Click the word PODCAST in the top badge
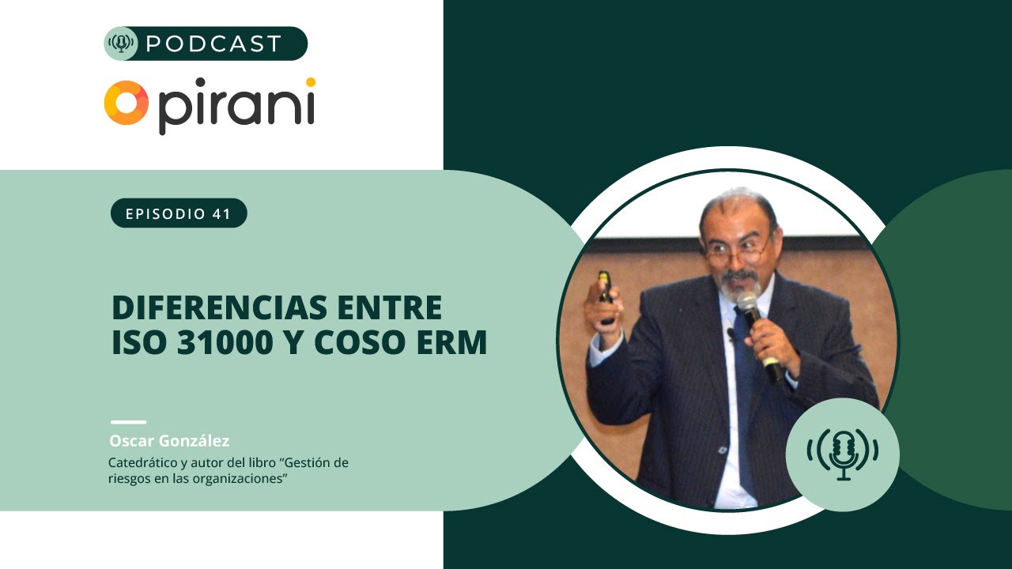[x=213, y=43]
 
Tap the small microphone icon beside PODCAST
[x=121, y=43]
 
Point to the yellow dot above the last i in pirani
[x=311, y=81]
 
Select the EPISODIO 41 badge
[x=179, y=213]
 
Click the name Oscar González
[x=169, y=441]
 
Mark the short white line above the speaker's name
[x=128, y=422]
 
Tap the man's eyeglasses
[x=738, y=251]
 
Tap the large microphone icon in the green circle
[x=843, y=454]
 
